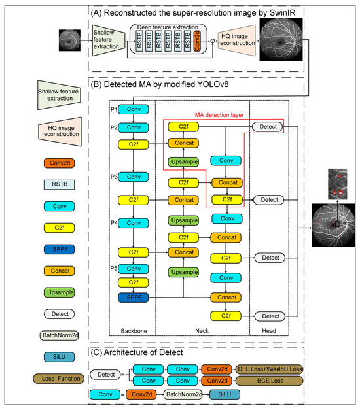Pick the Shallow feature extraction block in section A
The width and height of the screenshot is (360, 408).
(x=109, y=39)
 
